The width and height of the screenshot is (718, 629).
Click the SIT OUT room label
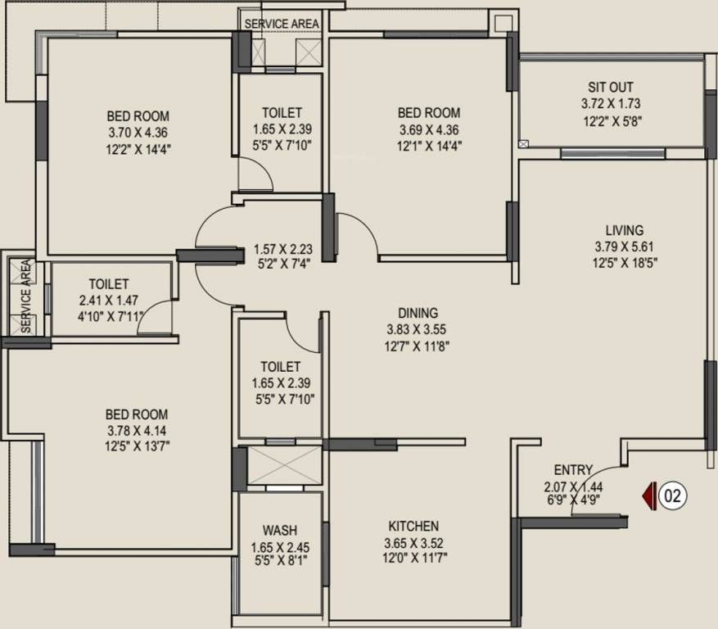610,88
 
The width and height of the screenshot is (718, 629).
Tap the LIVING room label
624,230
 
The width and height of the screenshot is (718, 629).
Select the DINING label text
418,313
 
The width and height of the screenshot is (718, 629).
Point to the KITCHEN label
413,526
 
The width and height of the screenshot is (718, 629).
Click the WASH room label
280,530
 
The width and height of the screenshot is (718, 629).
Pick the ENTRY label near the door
572,470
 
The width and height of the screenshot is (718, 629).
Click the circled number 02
673,496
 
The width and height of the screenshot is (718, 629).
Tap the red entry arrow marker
649,496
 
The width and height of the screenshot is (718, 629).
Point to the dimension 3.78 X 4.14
138,431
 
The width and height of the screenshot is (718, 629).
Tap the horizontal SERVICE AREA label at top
281,24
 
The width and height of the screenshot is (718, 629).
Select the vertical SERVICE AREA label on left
25,296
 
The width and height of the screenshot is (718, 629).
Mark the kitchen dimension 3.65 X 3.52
413,542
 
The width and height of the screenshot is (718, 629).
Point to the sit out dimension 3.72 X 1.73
610,104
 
